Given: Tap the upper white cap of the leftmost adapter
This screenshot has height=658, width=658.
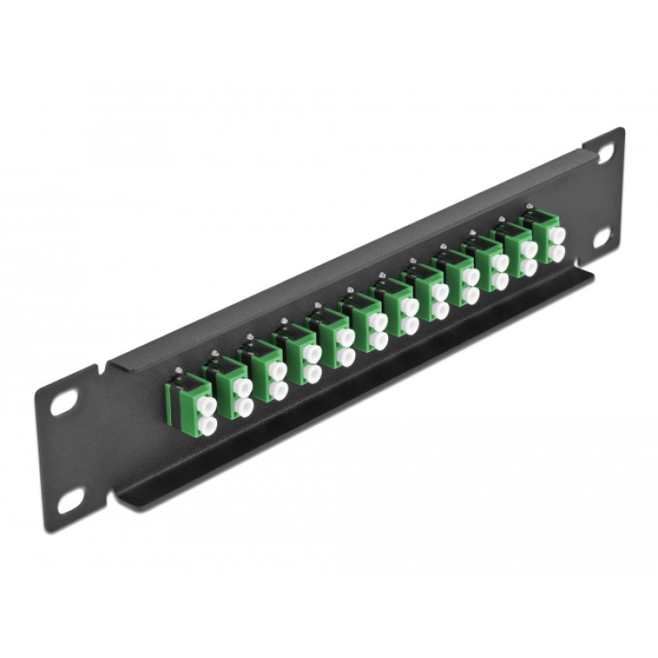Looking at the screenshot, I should click(206, 404).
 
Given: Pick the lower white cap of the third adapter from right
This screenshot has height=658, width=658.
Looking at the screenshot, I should click(500, 282).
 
